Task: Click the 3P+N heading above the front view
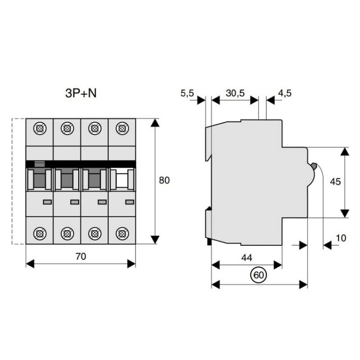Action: point(80,93)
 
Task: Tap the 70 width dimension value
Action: point(81,256)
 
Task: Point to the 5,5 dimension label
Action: point(187,93)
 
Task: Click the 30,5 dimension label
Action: point(235,93)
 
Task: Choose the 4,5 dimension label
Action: point(284,93)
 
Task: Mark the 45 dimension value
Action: point(336,182)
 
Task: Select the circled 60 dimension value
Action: point(259,276)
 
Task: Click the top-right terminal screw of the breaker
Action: point(122,128)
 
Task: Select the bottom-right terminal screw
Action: point(122,234)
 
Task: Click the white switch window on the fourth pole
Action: point(122,180)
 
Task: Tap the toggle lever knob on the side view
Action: point(313,167)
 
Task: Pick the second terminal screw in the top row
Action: point(67,128)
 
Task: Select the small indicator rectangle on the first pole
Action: point(47,202)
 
